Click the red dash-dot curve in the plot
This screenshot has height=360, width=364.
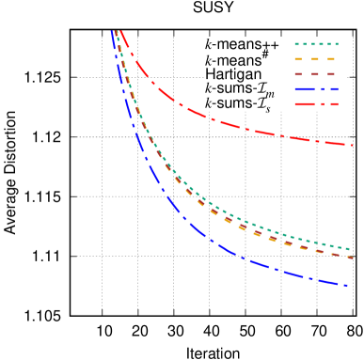216,120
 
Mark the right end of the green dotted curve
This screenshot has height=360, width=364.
351,250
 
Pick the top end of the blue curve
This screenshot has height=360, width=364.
112,32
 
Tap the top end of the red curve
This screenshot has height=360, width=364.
120,32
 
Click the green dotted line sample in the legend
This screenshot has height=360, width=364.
316,44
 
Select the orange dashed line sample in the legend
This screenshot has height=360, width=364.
316,59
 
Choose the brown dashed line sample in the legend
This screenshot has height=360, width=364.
316,74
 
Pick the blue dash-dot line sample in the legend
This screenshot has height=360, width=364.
316,89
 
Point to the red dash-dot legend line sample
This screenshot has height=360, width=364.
316,104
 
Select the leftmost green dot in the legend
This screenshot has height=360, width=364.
297,44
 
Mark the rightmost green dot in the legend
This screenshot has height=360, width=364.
335,44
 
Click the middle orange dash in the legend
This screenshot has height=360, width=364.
315,59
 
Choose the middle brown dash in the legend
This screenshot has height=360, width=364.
315,74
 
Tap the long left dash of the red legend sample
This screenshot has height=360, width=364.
304,104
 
